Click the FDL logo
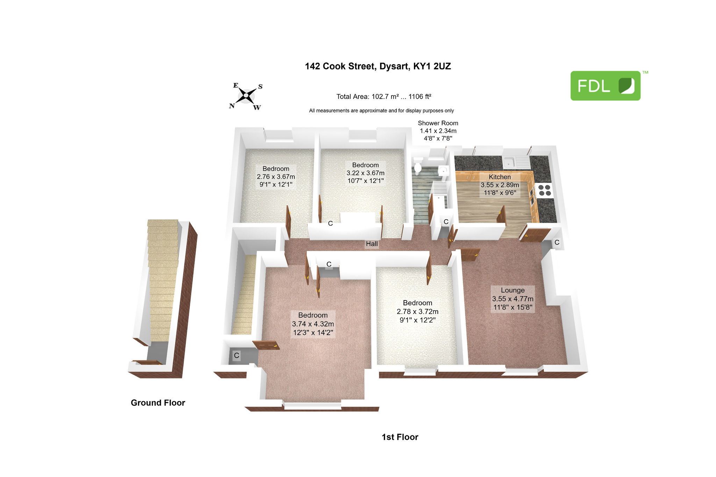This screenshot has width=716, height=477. (x=606, y=86)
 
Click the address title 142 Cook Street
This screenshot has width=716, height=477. (x=378, y=66)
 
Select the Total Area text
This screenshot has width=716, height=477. (x=384, y=97)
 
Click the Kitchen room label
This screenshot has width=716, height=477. (x=500, y=185)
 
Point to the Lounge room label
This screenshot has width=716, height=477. (x=513, y=299)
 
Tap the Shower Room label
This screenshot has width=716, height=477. (x=438, y=130)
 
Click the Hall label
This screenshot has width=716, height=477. (x=372, y=244)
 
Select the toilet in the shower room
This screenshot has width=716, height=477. (x=418, y=165)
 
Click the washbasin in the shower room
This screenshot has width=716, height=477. (x=443, y=172)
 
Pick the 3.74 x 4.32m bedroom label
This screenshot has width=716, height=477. (x=313, y=324)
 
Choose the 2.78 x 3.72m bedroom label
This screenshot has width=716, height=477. (x=417, y=311)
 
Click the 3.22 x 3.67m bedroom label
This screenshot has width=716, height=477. (x=365, y=173)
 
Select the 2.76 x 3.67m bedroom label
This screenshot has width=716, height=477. (x=276, y=177)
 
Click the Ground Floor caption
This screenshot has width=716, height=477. (x=158, y=403)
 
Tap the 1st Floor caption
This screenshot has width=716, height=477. (x=400, y=437)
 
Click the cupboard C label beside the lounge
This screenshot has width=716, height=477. (x=557, y=242)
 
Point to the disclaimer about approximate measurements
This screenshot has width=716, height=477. (x=381, y=111)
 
